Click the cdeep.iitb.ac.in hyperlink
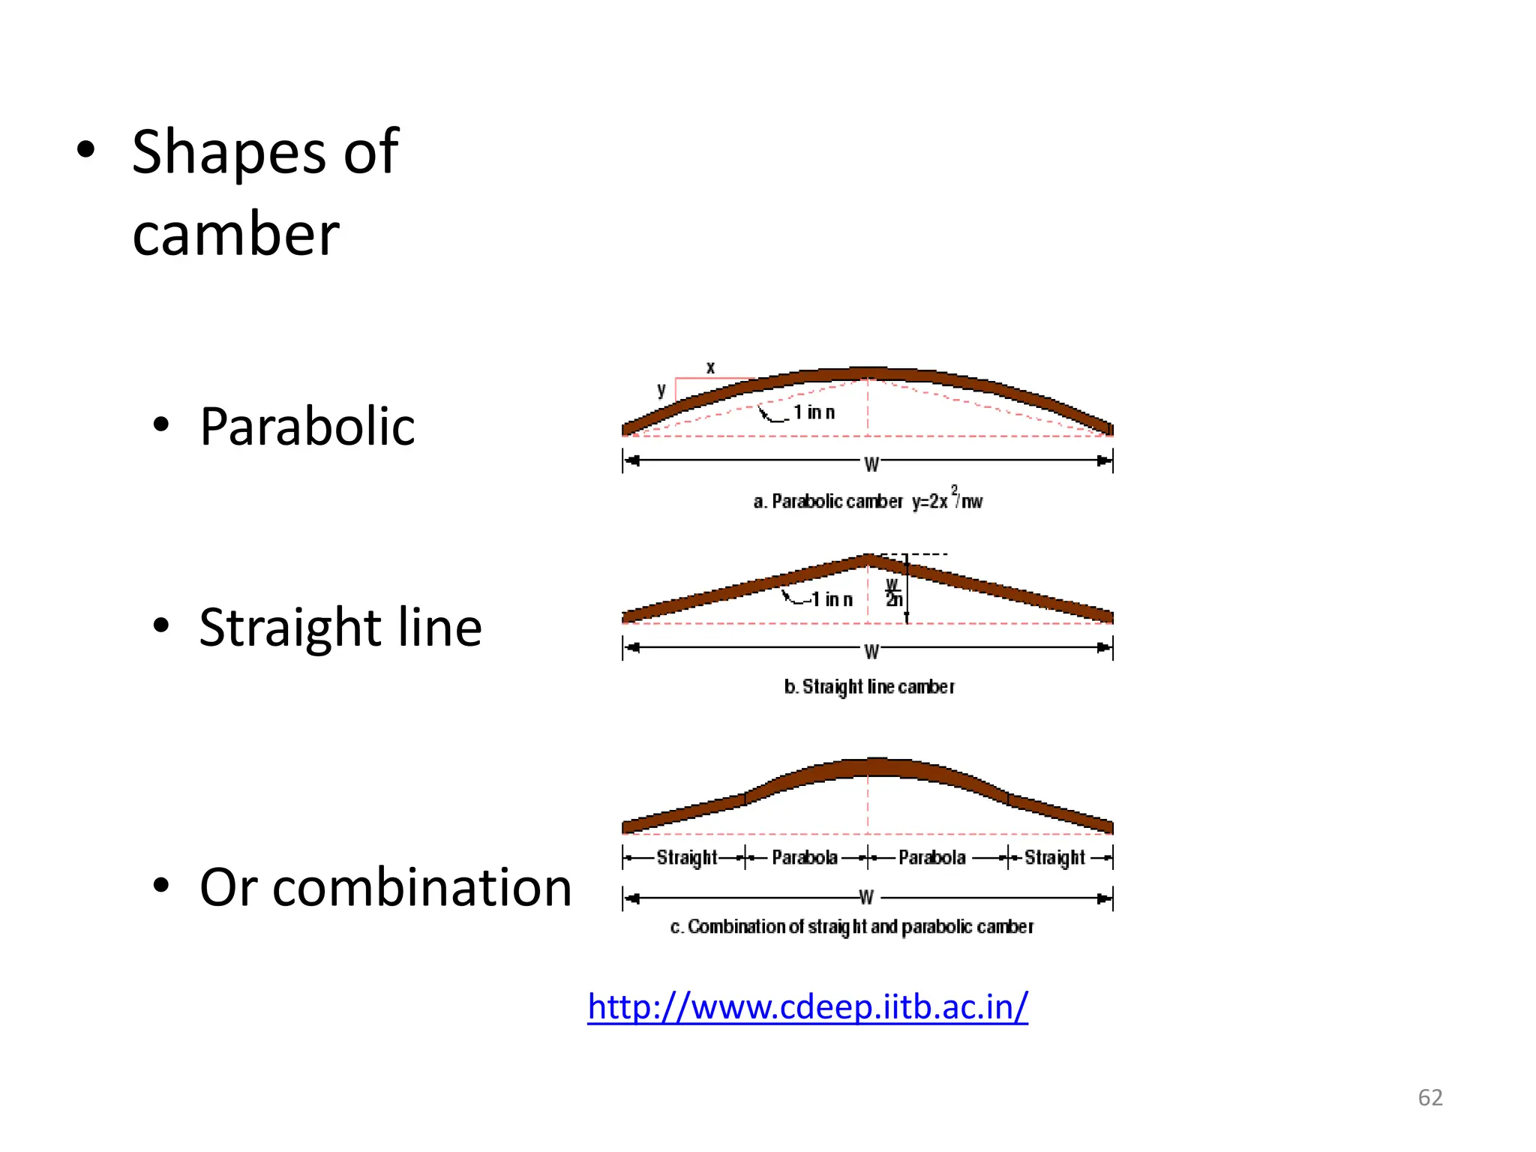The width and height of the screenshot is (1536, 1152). pyautogui.click(x=807, y=1006)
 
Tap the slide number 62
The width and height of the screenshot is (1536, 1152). pyautogui.click(x=1429, y=1098)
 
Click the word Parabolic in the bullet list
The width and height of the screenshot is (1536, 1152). pyautogui.click(x=307, y=427)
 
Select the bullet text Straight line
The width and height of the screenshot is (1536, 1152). pyautogui.click(x=340, y=627)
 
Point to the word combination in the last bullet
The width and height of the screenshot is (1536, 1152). pyautogui.click(x=422, y=887)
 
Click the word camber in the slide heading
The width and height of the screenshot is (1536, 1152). pyautogui.click(x=235, y=234)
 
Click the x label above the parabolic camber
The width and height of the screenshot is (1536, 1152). pyautogui.click(x=710, y=367)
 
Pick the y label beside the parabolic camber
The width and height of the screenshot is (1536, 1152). pyautogui.click(x=661, y=390)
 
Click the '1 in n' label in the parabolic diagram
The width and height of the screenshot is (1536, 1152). pyautogui.click(x=814, y=412)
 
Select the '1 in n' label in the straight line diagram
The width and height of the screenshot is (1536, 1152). pyautogui.click(x=832, y=600)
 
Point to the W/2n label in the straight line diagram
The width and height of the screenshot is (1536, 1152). pyautogui.click(x=892, y=593)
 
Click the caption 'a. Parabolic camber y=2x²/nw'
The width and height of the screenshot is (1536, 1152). pyautogui.click(x=867, y=501)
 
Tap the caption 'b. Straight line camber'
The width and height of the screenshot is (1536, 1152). pyautogui.click(x=869, y=687)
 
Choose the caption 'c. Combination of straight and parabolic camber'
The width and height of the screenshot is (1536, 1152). pyautogui.click(x=851, y=927)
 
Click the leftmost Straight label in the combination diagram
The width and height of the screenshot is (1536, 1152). pyautogui.click(x=686, y=857)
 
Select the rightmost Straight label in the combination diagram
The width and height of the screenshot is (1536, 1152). pyautogui.click(x=1054, y=857)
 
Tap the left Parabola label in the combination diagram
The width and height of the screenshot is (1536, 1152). pyautogui.click(x=804, y=857)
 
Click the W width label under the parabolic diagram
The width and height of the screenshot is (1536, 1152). pyautogui.click(x=871, y=464)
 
